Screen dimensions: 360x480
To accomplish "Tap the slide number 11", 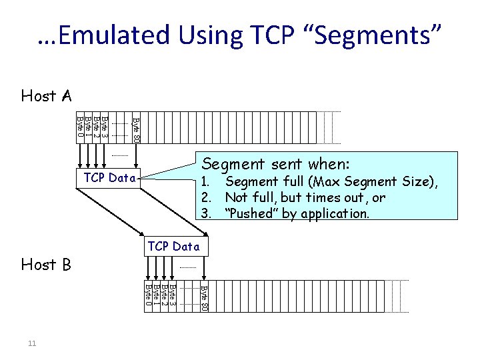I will click(x=32, y=343).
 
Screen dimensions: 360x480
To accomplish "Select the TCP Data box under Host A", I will click(x=110, y=178).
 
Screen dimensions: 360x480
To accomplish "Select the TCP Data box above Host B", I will click(x=173, y=246).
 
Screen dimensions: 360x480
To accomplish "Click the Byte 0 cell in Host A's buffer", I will click(x=81, y=127).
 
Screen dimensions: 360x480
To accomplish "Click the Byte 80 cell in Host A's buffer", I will click(x=136, y=129).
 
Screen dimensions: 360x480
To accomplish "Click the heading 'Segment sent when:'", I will click(x=276, y=164).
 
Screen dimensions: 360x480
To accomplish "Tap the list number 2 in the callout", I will click(x=207, y=198).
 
